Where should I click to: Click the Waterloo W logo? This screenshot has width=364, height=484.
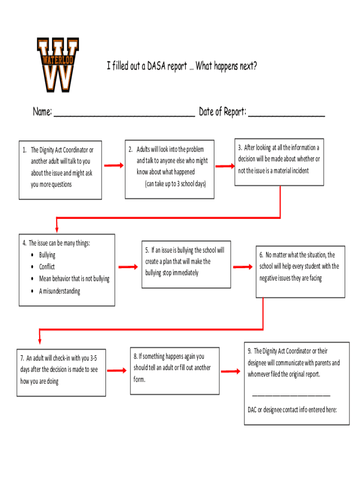(x=58, y=65)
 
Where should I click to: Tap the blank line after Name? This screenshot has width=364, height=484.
(x=124, y=115)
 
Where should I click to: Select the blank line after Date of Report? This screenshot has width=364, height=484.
(x=286, y=115)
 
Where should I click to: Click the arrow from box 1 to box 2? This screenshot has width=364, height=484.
(x=113, y=165)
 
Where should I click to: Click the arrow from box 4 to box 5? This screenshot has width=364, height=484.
(x=128, y=267)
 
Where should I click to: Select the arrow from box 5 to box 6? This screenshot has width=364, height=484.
(x=243, y=267)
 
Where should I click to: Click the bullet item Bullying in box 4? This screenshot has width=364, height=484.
(x=47, y=255)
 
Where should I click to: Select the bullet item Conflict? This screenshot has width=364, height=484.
(x=47, y=267)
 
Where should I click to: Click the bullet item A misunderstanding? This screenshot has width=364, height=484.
(x=60, y=291)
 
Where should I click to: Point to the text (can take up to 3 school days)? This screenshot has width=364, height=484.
(x=175, y=184)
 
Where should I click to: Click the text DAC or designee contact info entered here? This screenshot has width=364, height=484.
(x=292, y=410)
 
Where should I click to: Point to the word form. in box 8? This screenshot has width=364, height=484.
(x=139, y=380)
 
